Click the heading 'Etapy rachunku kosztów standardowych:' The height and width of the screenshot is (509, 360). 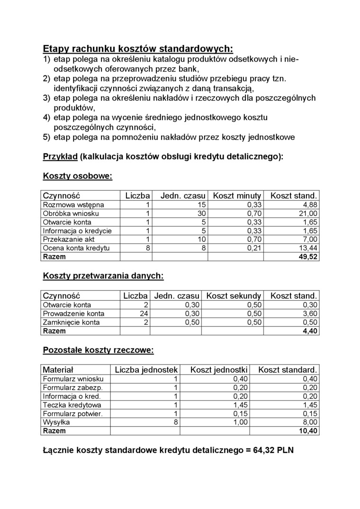coord(138,49)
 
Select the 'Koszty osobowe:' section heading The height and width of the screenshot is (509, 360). coord(78,176)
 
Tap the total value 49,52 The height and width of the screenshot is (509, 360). coord(308,257)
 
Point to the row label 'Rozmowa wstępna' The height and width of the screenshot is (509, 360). coord(73,205)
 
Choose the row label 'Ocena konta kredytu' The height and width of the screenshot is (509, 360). coord(76,248)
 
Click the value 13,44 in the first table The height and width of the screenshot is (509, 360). coord(308,248)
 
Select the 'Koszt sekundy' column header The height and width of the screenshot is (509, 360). coord(234,296)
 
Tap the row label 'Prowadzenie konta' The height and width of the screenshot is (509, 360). coord(73,313)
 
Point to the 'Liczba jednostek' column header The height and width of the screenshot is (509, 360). coord(146,369)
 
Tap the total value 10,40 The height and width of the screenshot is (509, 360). coord(308,431)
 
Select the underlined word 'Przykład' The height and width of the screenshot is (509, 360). coord(60,156)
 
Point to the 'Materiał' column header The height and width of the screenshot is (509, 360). coord(58,369)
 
